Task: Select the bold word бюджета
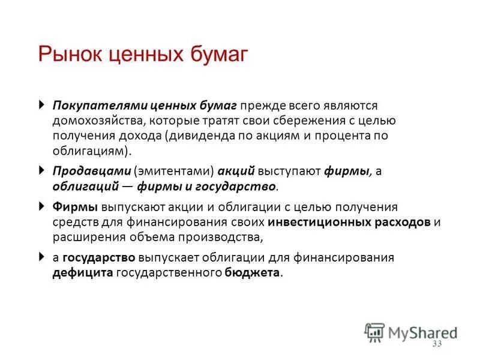[x=253, y=272]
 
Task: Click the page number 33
[x=436, y=344]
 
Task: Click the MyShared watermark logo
[x=411, y=332]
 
